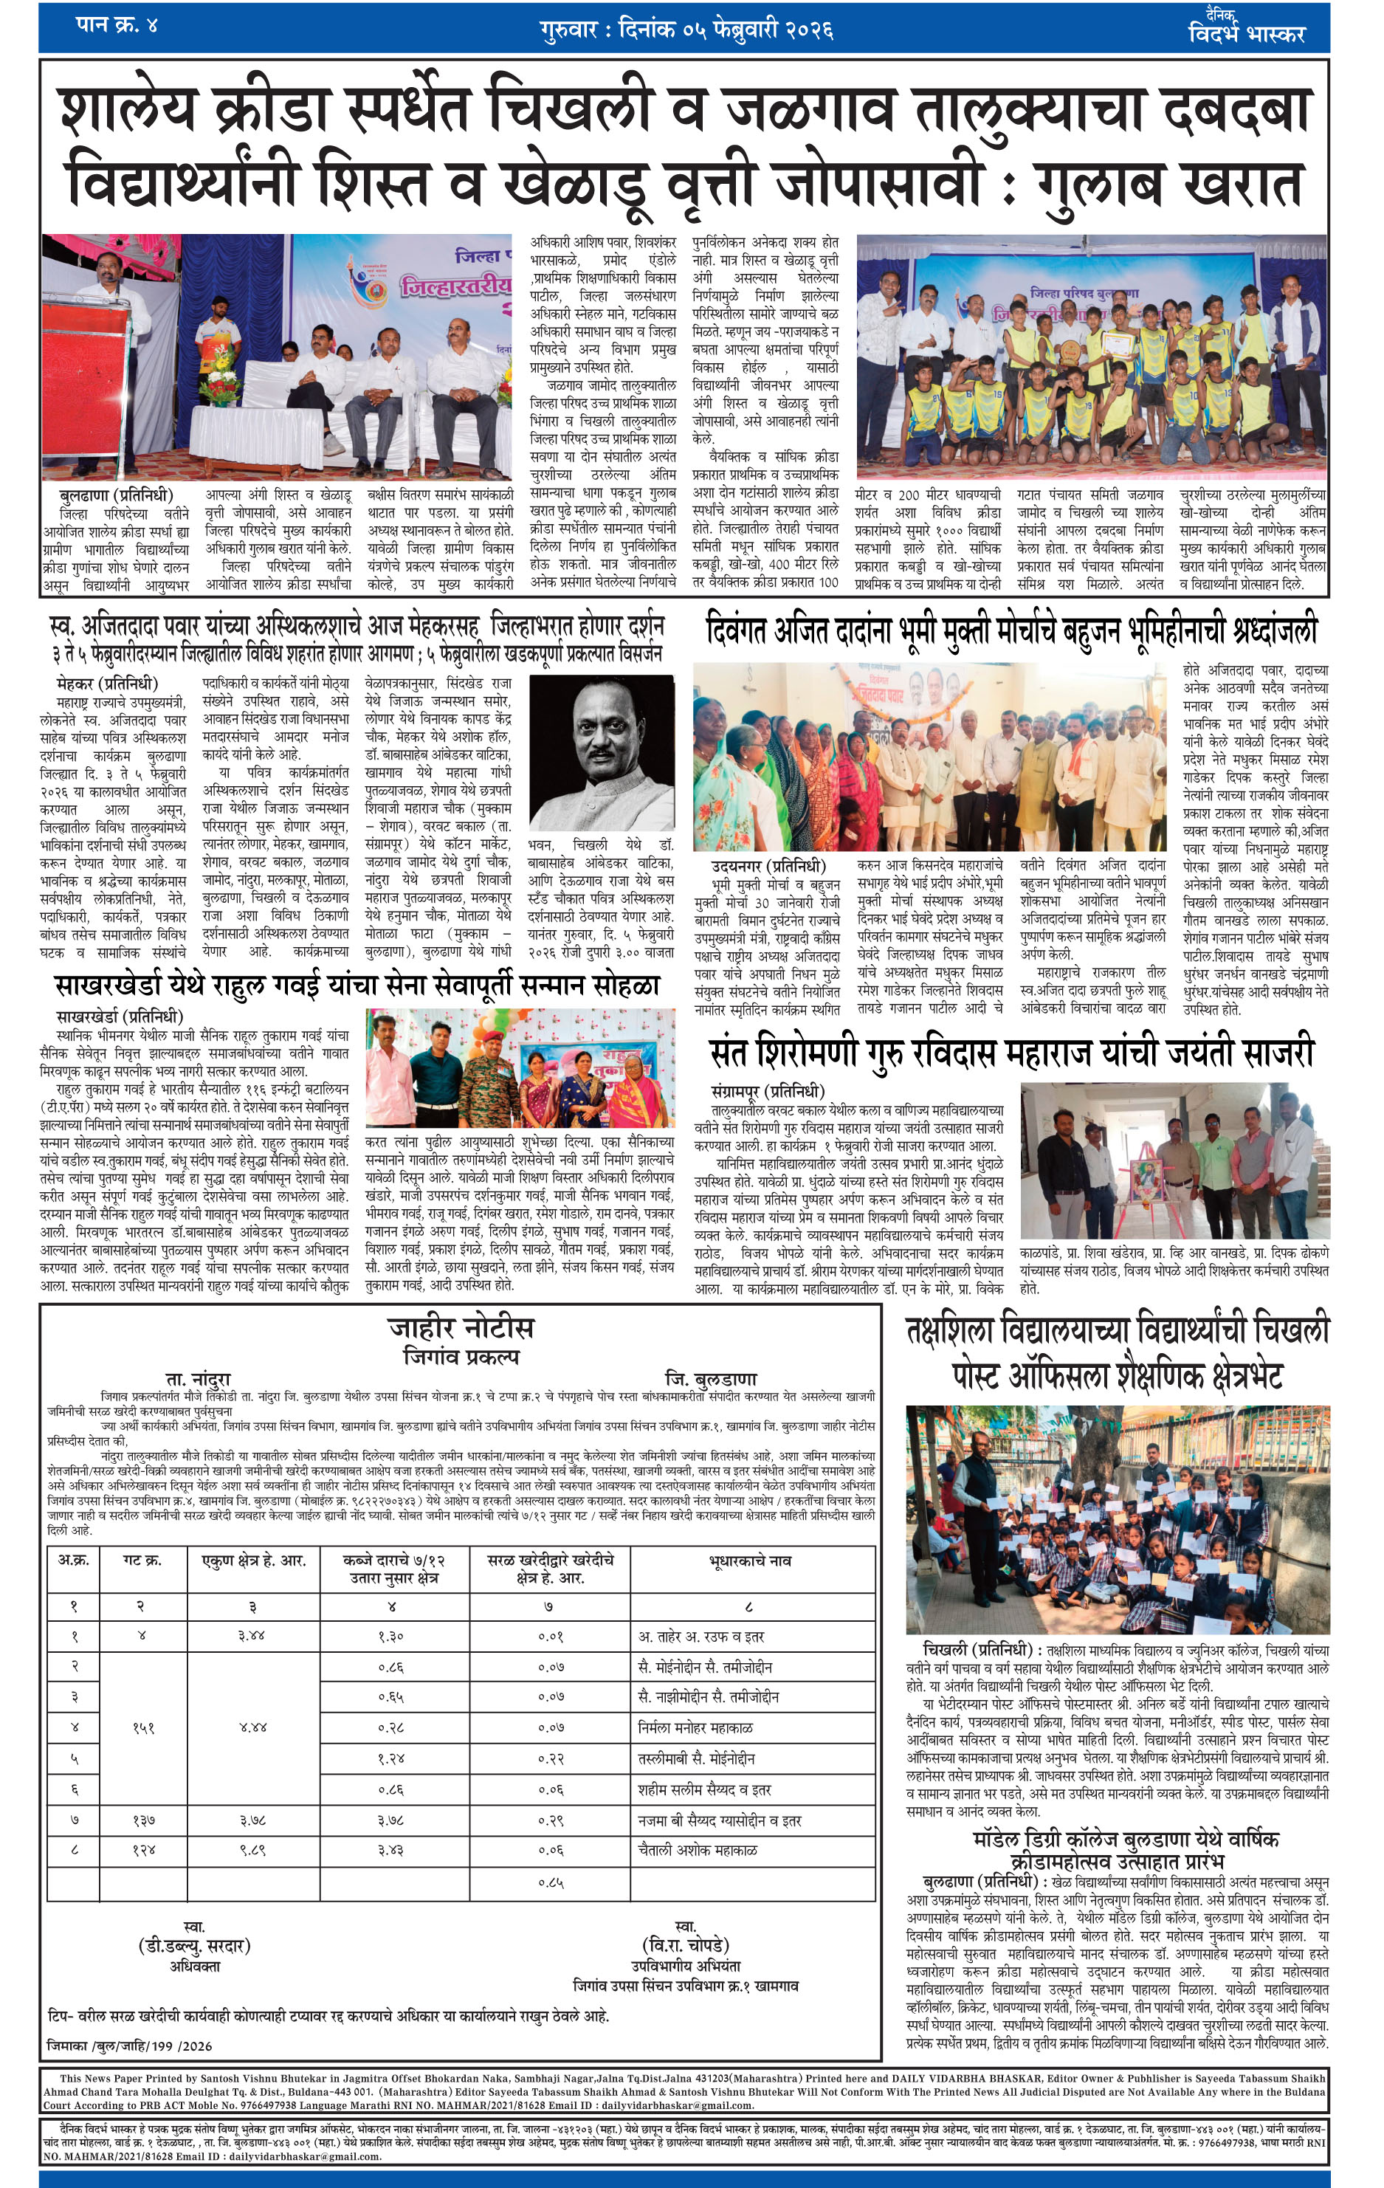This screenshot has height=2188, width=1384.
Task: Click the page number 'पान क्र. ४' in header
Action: pos(117,24)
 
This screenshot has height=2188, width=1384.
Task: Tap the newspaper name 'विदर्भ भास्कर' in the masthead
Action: pos(1246,34)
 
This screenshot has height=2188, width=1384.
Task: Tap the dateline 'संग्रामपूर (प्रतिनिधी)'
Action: pos(769,1090)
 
